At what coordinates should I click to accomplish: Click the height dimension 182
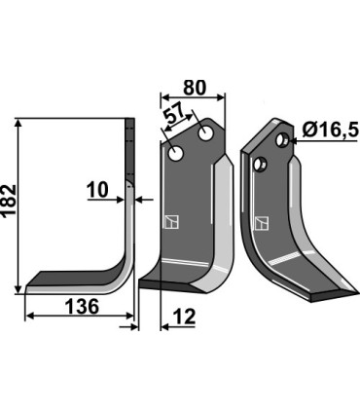11,206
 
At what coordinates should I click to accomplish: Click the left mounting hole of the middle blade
175,153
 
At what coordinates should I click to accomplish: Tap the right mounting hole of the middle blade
206,131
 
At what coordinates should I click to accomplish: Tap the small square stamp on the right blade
261,223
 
